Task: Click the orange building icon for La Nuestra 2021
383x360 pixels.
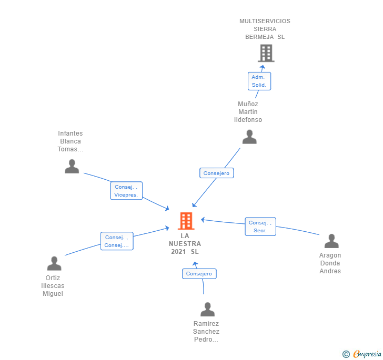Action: (186, 221)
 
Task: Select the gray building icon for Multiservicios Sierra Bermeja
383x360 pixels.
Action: (266, 53)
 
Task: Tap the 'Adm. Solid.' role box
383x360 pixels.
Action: (259, 81)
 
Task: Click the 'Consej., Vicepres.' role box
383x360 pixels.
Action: (126, 191)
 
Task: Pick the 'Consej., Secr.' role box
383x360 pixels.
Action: (260, 227)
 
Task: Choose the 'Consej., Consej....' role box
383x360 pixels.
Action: (117, 241)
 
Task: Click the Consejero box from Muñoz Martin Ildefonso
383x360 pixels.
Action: (216, 173)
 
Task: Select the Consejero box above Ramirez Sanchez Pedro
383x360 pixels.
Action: (199, 274)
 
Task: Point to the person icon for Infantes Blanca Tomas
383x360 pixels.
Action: (72, 166)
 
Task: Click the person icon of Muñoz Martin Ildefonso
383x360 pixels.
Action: (249, 137)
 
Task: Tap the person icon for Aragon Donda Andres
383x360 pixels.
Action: (331, 241)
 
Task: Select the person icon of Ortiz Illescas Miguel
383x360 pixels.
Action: (54, 263)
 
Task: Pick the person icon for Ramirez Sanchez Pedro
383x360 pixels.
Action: (207, 309)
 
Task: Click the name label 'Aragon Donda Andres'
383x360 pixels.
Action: (330, 263)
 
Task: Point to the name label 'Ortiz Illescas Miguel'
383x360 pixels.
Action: (53, 285)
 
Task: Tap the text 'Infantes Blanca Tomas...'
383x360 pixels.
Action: (70, 141)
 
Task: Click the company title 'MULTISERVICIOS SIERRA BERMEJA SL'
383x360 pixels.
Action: (265, 29)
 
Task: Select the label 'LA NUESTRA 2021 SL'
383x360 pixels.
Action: (185, 243)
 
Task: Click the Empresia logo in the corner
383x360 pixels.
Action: (362, 354)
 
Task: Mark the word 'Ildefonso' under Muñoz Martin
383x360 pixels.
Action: (248, 120)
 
